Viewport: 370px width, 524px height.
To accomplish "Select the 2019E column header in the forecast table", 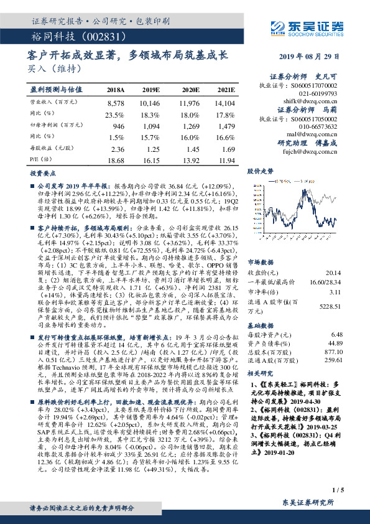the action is coord(150,91).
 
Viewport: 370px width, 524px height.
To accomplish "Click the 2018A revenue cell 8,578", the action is coord(116,102).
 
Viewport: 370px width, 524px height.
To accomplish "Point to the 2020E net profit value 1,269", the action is coord(188,126).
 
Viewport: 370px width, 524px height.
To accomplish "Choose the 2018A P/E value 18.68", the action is coord(116,161).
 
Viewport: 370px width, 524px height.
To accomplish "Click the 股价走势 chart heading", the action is coord(261,170).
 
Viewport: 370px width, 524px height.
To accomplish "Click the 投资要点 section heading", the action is coord(44,175).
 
